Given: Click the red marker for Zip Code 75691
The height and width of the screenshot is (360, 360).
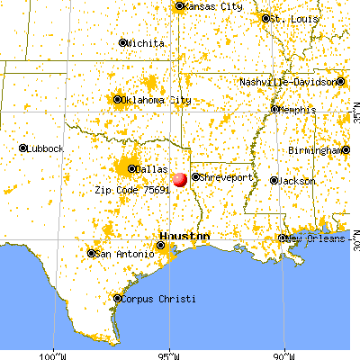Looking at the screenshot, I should tap(179, 180).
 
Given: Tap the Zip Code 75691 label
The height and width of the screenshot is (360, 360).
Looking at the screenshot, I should tap(132, 191).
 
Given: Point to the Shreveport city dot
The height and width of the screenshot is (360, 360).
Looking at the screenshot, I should tap(195, 177).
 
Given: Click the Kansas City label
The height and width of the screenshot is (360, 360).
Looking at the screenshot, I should tap(212, 6).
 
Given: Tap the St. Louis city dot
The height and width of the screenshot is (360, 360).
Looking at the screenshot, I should tap(265, 17).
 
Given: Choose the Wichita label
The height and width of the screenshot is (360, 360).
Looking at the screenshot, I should tap(146, 42).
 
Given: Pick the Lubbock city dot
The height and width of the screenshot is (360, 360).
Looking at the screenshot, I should tap(23, 148).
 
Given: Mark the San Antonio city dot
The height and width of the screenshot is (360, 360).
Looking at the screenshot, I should tap(91, 254).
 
